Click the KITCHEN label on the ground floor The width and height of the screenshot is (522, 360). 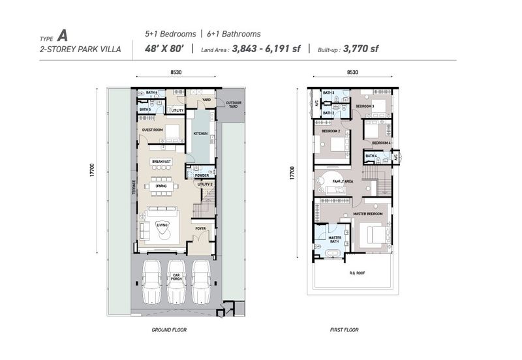200,134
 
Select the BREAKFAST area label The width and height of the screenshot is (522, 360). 161,161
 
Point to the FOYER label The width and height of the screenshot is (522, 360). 200,228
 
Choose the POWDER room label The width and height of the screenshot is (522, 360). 202,175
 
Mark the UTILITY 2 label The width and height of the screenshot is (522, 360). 206,185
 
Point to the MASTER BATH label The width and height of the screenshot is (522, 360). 335,241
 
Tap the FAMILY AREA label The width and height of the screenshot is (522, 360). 343,181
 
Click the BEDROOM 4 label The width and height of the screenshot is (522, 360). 381,143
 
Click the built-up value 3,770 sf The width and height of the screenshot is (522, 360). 361,48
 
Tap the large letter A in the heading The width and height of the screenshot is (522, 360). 62,35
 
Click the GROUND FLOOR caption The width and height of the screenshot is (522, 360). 169,330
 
